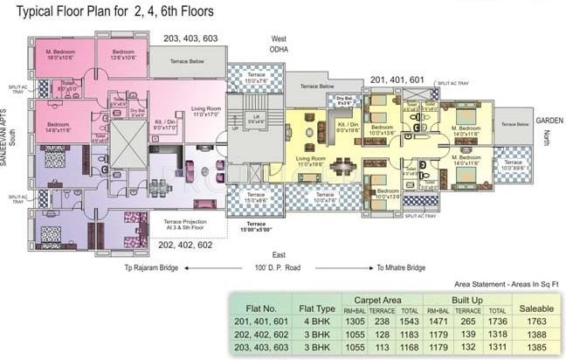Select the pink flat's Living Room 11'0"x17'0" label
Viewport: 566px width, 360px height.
click(208, 112)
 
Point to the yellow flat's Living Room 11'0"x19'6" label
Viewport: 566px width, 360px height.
click(317, 162)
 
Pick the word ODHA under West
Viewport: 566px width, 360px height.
click(280, 49)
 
